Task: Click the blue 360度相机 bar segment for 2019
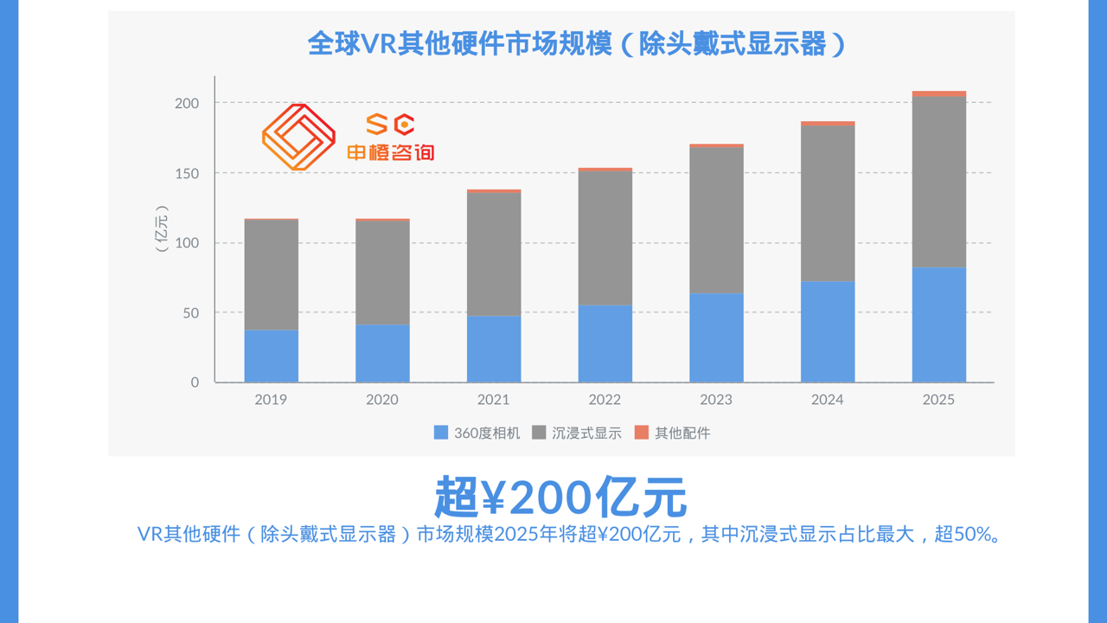[271, 356]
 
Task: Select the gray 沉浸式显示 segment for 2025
[938, 182]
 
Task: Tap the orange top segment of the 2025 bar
[938, 93]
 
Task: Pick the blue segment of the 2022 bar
[605, 344]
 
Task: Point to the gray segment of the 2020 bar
[382, 273]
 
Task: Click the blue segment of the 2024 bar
[828, 331]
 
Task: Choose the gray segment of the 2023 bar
[716, 220]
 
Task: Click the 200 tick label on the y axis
[187, 103]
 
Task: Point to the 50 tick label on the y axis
[190, 312]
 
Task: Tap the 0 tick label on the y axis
[195, 382]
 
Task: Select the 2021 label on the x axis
[493, 400]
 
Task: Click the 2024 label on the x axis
[828, 400]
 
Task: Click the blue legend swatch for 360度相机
[441, 433]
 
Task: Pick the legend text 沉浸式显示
[586, 433]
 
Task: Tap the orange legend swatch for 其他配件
[641, 433]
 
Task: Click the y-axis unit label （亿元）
[162, 228]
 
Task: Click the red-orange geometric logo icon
[298, 137]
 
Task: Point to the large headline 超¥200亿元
[560, 497]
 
